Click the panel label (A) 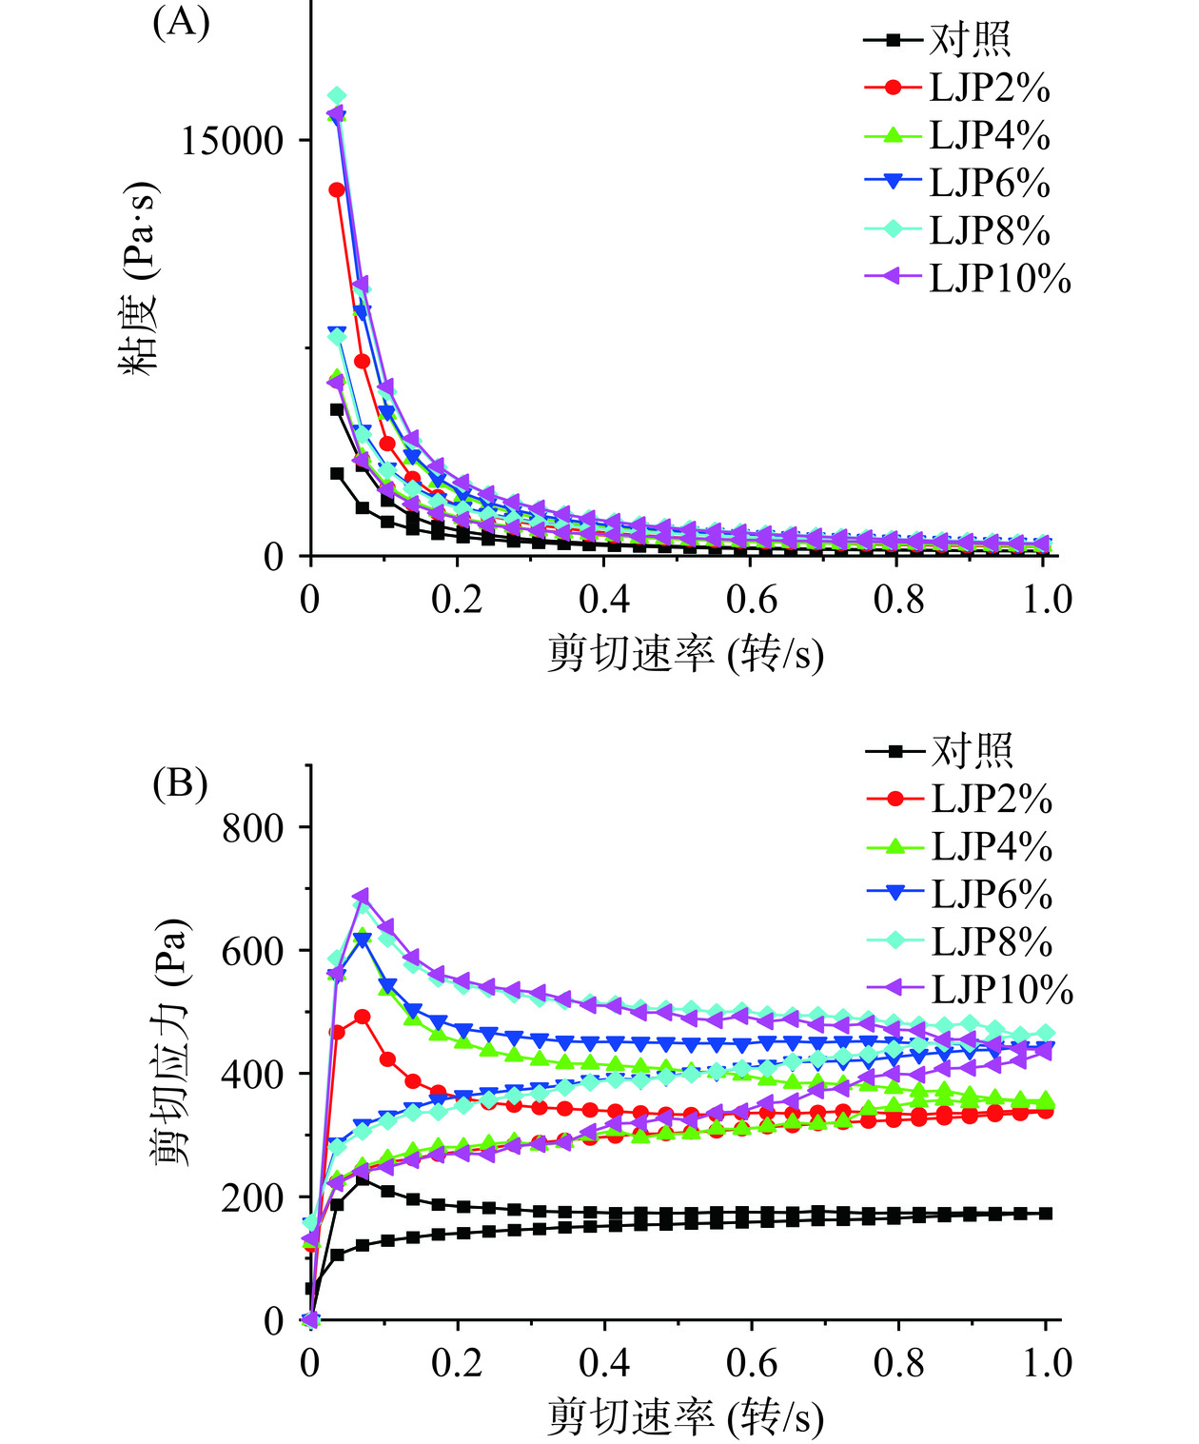pos(181,21)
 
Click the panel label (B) pos(180,783)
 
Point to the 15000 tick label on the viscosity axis pos(233,141)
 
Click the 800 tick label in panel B pos(253,828)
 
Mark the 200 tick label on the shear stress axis pos(253,1197)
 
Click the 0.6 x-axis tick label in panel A pos(752,600)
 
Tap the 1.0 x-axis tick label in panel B pos(1047,1363)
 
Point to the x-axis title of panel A pos(685,654)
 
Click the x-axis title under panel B pos(685,1417)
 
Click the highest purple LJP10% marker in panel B pos(361,897)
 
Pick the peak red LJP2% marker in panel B pos(362,1017)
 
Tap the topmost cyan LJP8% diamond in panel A pos(336,96)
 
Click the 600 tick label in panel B pos(253,951)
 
